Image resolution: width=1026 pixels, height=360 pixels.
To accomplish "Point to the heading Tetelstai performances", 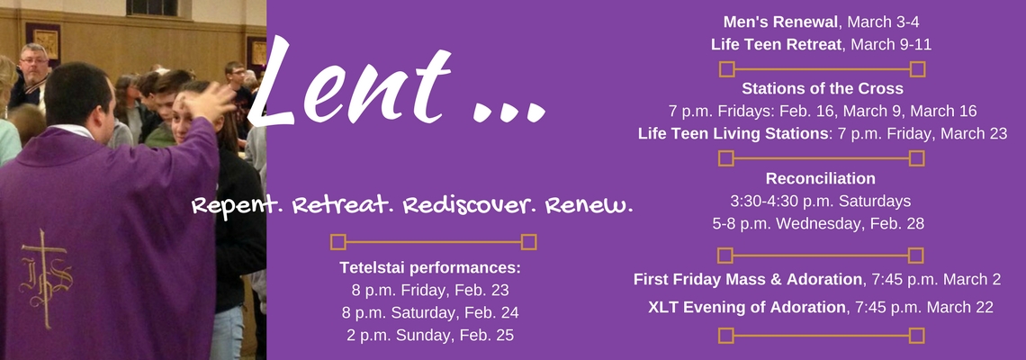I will (x=430, y=268).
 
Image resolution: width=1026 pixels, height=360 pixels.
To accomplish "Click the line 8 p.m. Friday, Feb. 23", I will (x=430, y=291).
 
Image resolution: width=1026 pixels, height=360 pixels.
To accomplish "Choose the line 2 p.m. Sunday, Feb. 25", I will (x=430, y=335).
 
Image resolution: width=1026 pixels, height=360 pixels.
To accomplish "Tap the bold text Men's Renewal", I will (x=776, y=22).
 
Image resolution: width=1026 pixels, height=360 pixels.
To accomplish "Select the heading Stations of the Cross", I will (x=822, y=89).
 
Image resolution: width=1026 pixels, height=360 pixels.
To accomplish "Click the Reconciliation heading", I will (x=821, y=178).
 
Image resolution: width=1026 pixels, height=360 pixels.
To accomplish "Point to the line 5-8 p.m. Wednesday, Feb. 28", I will (x=821, y=222).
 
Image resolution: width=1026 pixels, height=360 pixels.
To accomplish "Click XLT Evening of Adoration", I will (x=747, y=307).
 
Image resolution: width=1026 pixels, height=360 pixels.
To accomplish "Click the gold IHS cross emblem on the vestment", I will (x=45, y=270).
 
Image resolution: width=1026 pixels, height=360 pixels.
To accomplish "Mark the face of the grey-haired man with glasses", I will (x=34, y=64).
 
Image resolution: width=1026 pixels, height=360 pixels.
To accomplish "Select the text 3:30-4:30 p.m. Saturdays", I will (x=821, y=201).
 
